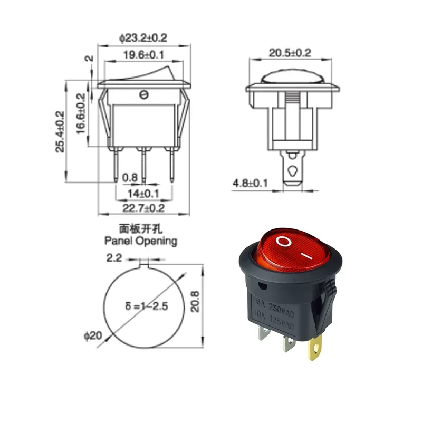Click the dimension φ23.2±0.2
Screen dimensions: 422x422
[x=143, y=38]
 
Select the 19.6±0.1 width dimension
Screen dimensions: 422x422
[x=143, y=54]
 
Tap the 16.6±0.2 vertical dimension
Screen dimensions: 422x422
[x=81, y=113]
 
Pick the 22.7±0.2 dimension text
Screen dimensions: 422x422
[x=143, y=208]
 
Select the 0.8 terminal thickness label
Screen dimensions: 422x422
[x=130, y=178]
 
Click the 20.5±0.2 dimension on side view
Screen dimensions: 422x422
[x=290, y=53]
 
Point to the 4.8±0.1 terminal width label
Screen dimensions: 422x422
[x=251, y=183]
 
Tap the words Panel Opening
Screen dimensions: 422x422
[x=140, y=241]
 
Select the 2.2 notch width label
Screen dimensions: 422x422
[x=115, y=258]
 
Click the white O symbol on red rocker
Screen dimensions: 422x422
[x=283, y=242]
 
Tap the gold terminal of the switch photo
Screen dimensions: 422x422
[x=315, y=350]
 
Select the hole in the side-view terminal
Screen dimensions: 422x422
[x=291, y=170]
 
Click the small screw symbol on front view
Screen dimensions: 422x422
[x=143, y=95]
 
